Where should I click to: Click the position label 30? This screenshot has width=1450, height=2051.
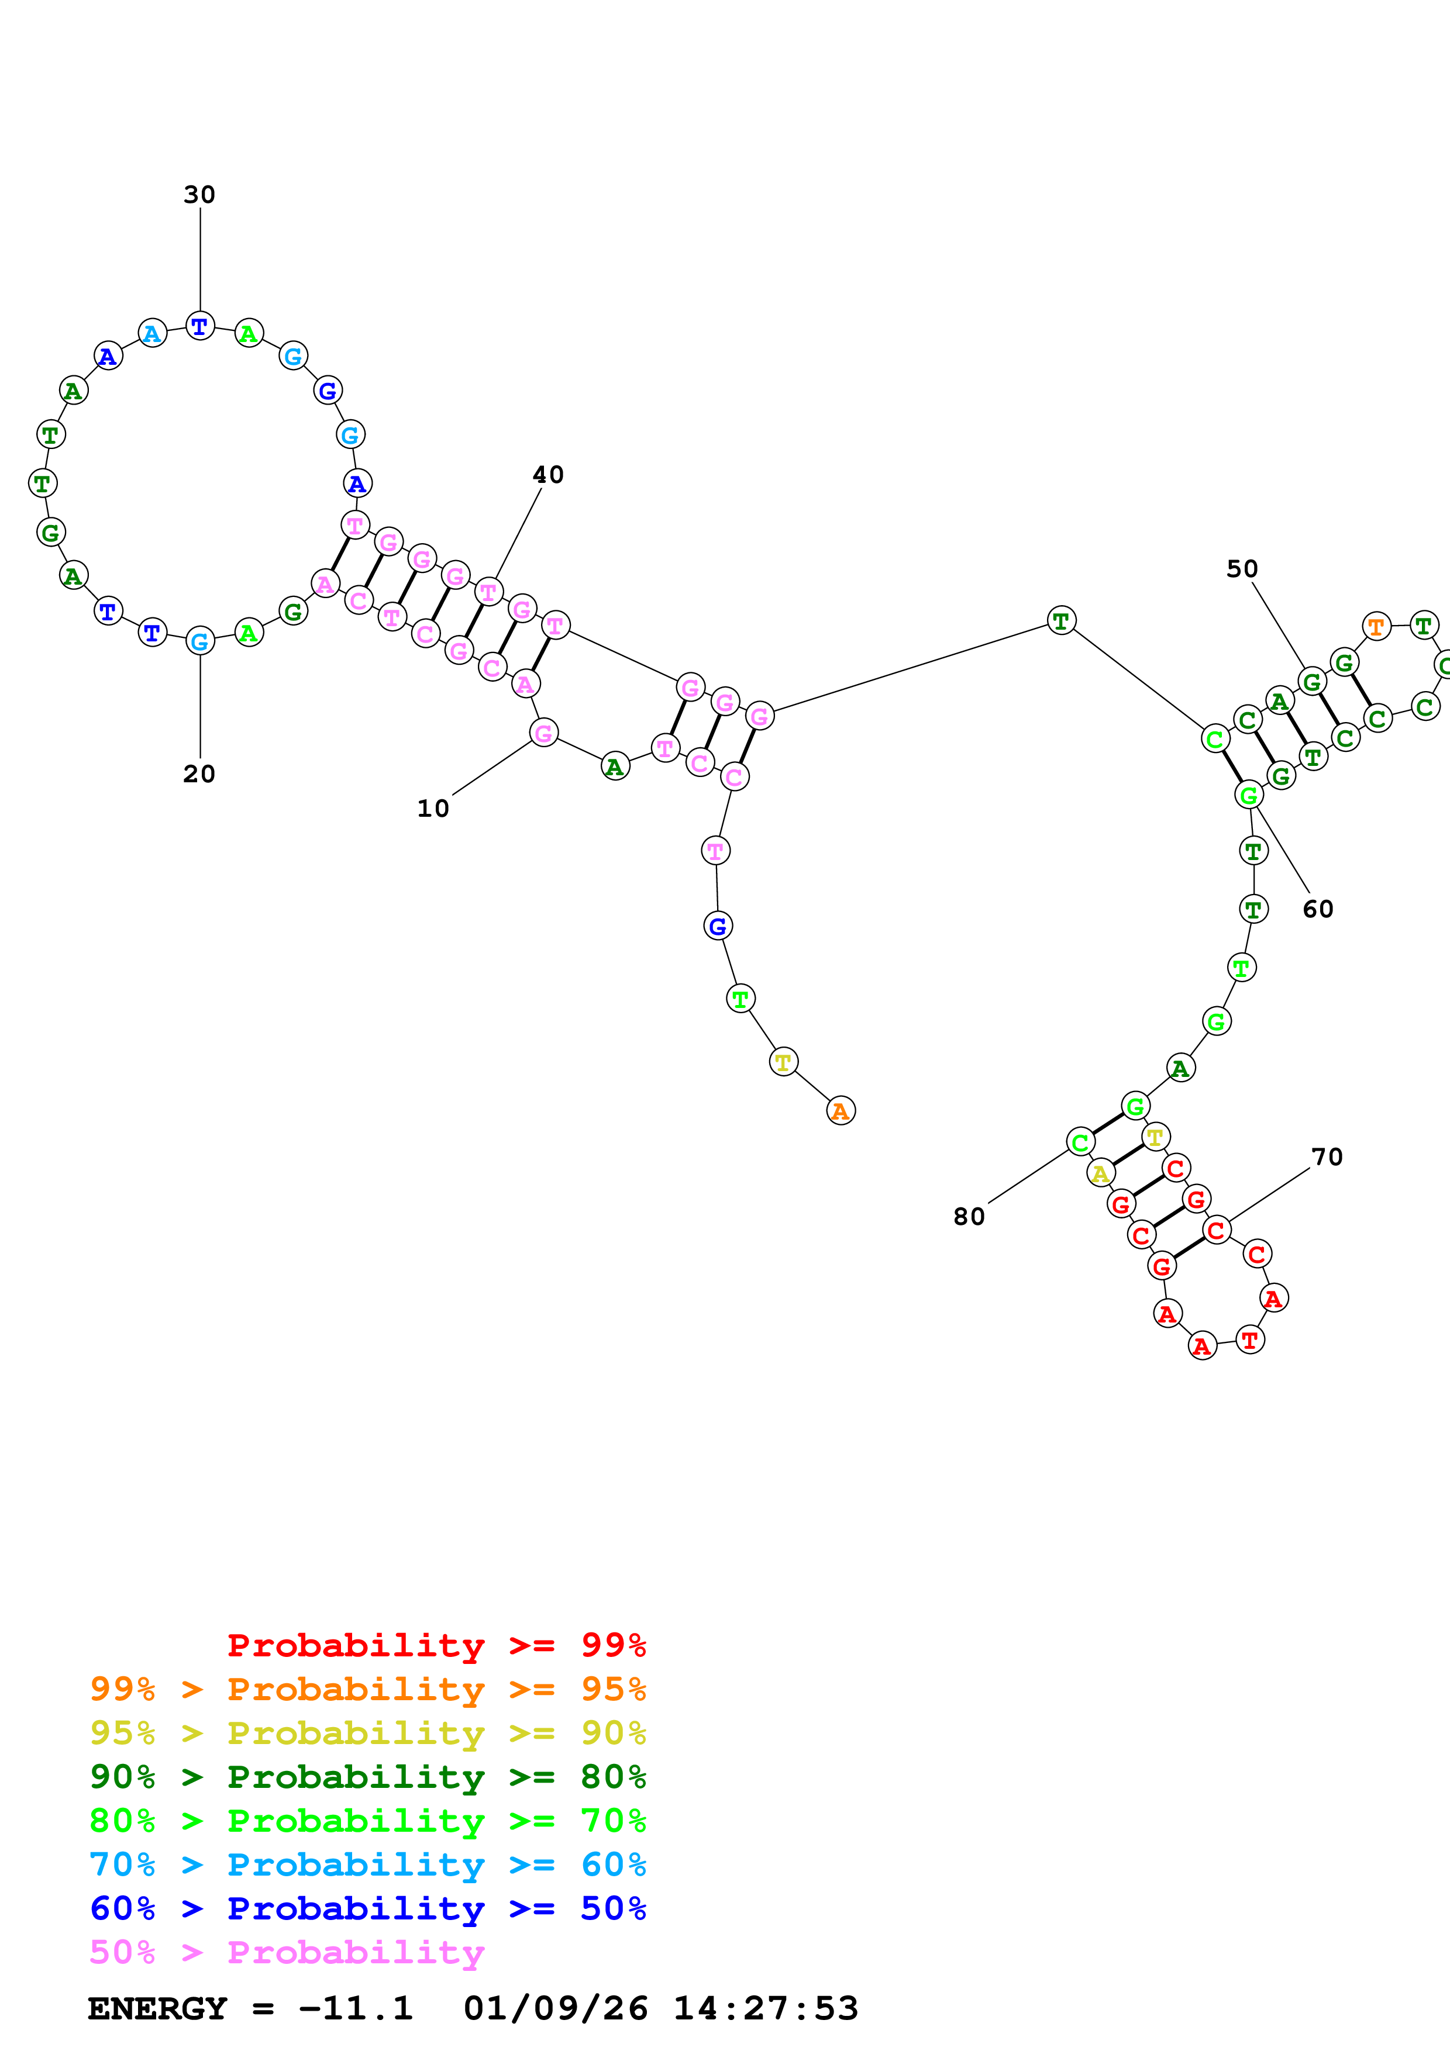coord(199,195)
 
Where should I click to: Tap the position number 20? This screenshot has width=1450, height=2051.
coord(199,774)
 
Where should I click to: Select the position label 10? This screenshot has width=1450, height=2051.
coord(433,809)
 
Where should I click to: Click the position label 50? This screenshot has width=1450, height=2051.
coord(1242,569)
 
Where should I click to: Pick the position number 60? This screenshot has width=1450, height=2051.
coord(1318,909)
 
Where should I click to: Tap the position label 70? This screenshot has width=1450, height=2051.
coord(1327,1157)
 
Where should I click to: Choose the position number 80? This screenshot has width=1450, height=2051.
coord(969,1217)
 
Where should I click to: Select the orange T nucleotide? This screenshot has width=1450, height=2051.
coord(1376,627)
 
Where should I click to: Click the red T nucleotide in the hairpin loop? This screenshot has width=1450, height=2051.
coord(1249,1340)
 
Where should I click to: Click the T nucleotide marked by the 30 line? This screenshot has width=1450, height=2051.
coord(199,327)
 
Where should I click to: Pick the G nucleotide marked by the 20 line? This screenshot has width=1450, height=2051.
coord(199,641)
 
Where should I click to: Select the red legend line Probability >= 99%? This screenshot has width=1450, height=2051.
coord(436,1645)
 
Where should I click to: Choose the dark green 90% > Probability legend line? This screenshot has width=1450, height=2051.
coord(367,1777)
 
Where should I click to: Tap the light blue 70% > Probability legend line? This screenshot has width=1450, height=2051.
coord(367,1864)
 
